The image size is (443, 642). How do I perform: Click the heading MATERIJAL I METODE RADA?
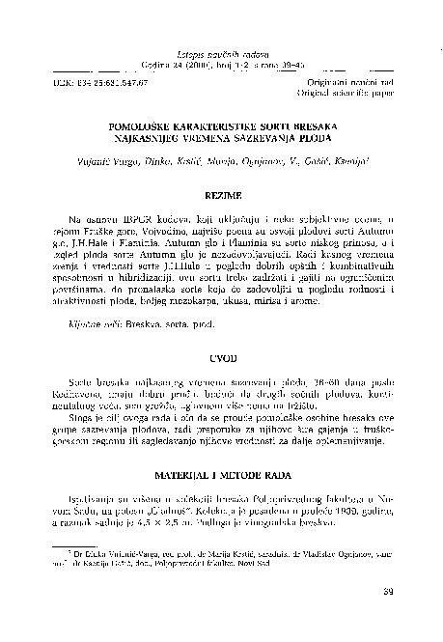221,476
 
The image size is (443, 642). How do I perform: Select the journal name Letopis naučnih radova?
221,44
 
